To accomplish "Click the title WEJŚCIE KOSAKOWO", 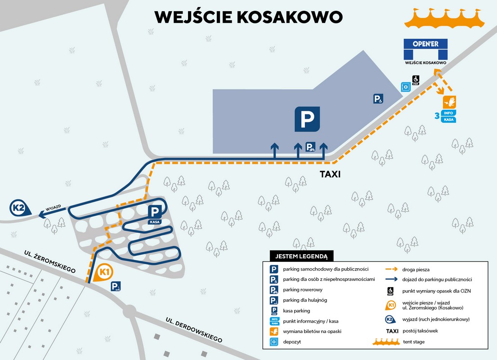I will tap(248, 16).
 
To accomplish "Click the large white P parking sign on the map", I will tap(307, 119).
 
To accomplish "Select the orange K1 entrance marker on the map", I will tap(104, 272).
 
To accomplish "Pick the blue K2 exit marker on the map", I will tap(19, 208).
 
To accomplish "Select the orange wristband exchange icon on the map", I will tap(450, 101).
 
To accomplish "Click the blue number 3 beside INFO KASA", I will tap(436, 116).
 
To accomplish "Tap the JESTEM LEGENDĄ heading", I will tap(298, 256).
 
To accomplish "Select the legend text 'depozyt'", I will tap(292, 342).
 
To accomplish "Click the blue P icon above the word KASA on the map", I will tap(154, 212).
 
